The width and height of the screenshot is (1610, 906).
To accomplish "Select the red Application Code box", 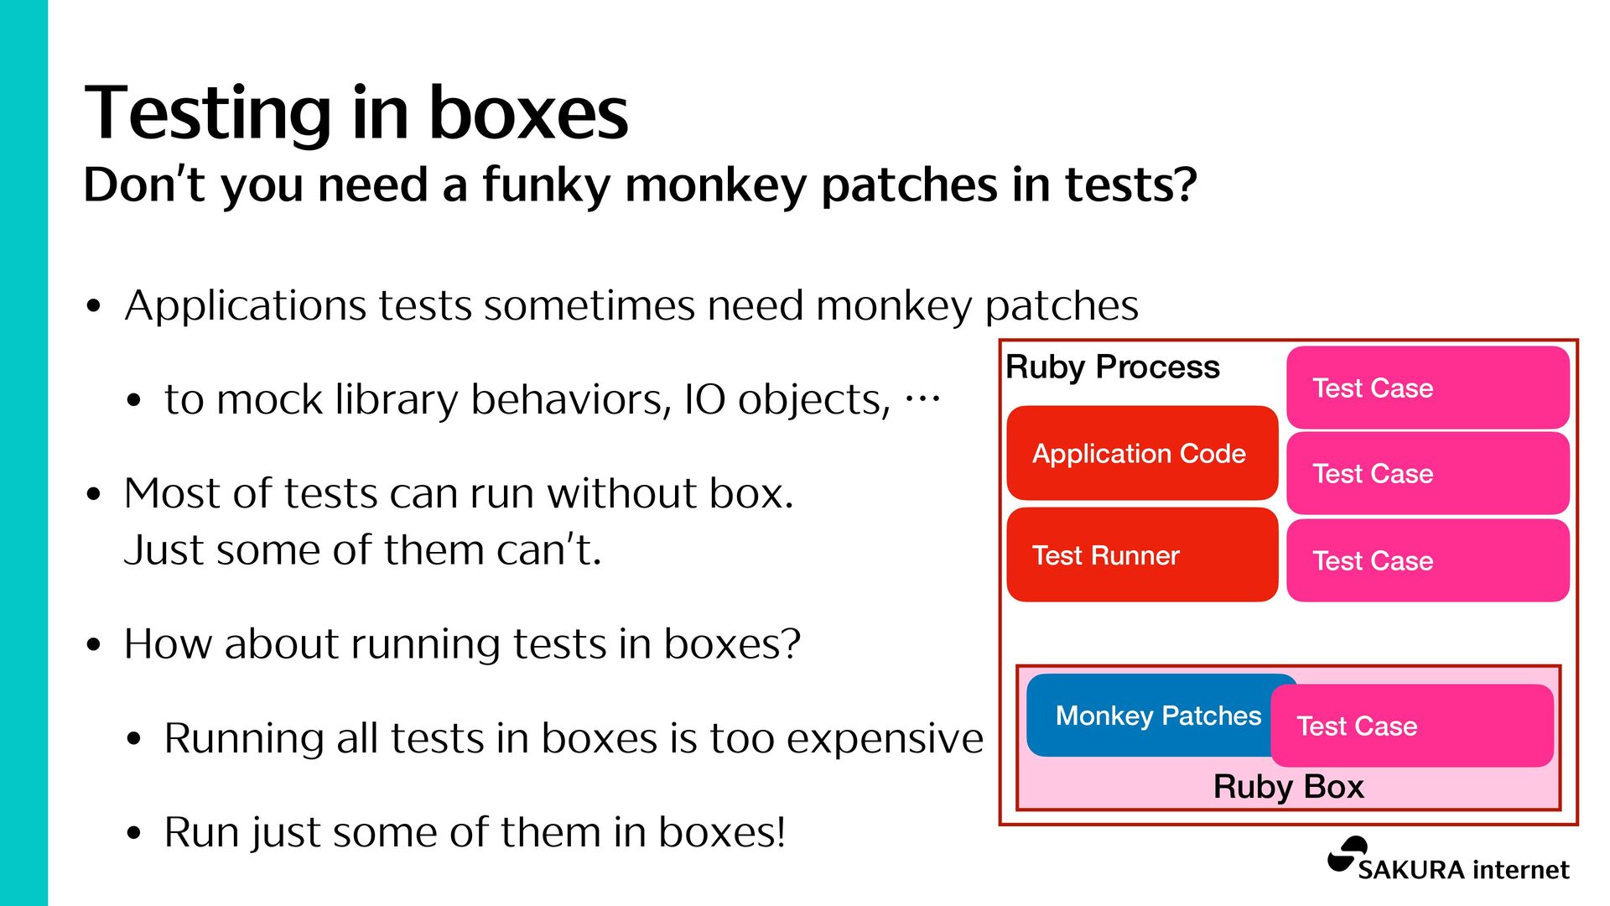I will coord(1141,454).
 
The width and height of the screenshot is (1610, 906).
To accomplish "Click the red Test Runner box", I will coord(1141,555).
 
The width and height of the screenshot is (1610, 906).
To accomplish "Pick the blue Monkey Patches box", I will coord(1149,716).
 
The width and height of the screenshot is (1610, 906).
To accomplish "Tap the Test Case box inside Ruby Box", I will coord(1412,726).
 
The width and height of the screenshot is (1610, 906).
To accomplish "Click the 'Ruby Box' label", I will coord(1288,787).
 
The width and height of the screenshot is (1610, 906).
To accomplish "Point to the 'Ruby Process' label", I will coord(1112,367).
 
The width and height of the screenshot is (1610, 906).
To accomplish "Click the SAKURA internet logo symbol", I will coord(1347,856).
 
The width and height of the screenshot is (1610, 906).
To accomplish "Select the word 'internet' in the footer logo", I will coord(1520,870).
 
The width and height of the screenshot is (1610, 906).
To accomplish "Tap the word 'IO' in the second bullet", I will coord(704,399).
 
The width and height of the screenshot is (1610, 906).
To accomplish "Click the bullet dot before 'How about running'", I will coord(94,645).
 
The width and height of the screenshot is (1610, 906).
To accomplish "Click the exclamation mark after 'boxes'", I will coord(781,832).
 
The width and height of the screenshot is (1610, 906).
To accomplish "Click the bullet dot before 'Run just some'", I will coord(134,834).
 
